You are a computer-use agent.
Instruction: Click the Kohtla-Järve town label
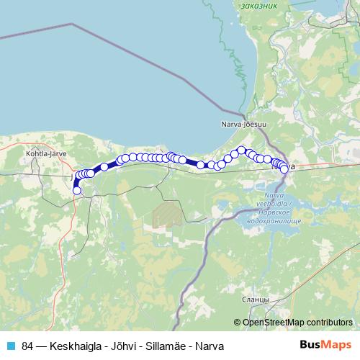pyautogui.click(x=41, y=153)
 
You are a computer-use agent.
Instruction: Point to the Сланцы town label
pyautogui.click(x=256, y=299)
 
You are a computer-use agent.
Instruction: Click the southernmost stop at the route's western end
pyautogui.click(x=77, y=191)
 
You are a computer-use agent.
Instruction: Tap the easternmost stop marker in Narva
pyautogui.click(x=284, y=169)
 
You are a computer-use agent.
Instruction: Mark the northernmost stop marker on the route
pyautogui.click(x=242, y=150)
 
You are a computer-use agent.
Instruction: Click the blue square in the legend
pyautogui.click(x=10, y=346)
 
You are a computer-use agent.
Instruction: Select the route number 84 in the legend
pyautogui.click(x=28, y=346)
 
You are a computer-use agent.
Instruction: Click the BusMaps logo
pyautogui.click(x=325, y=346)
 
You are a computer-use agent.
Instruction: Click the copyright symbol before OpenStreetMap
pyautogui.click(x=237, y=322)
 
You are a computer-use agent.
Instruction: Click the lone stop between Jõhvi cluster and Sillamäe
pyautogui.click(x=104, y=166)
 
